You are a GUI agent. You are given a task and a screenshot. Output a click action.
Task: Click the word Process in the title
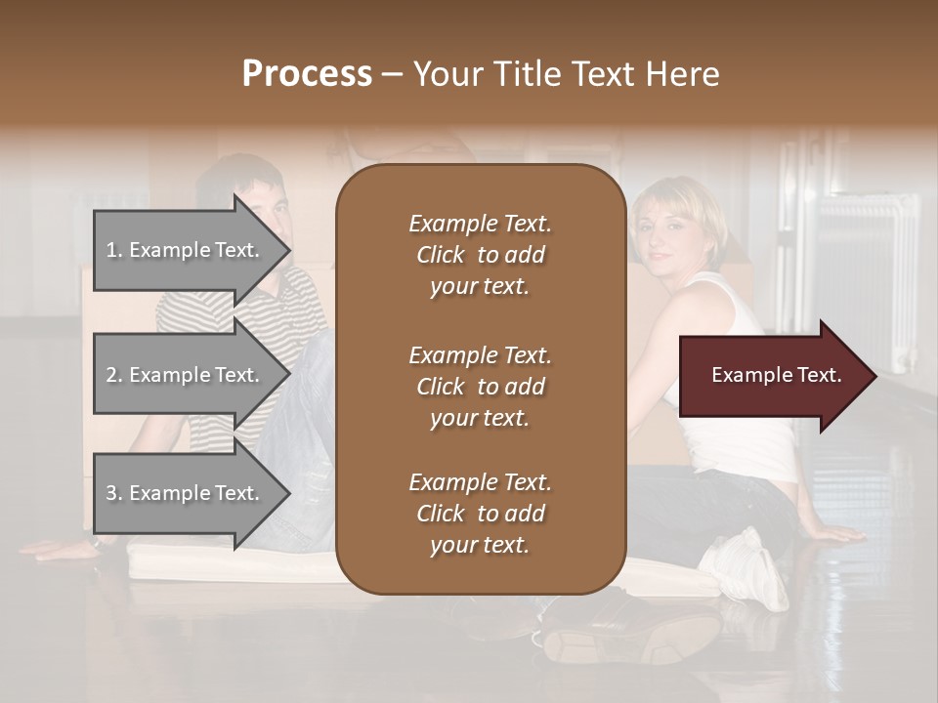click(x=307, y=74)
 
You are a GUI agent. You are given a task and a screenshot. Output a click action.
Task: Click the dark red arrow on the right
click(x=777, y=376)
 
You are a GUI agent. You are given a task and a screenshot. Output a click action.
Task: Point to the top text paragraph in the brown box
click(x=480, y=255)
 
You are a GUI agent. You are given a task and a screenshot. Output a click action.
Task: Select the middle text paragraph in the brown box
click(x=480, y=387)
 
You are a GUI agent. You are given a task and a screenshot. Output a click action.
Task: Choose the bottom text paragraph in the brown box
click(x=480, y=514)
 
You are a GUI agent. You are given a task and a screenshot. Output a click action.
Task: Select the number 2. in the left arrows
click(x=114, y=375)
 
